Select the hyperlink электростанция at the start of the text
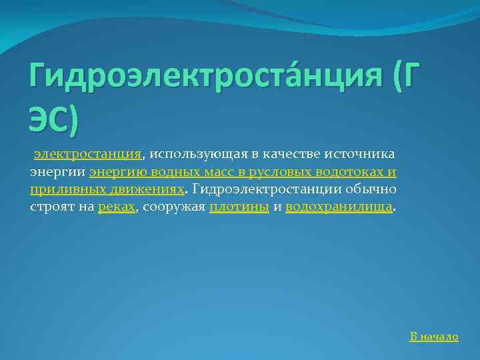88,155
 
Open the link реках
116,207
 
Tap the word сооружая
173,207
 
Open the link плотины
239,207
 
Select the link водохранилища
339,207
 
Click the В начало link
434,337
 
